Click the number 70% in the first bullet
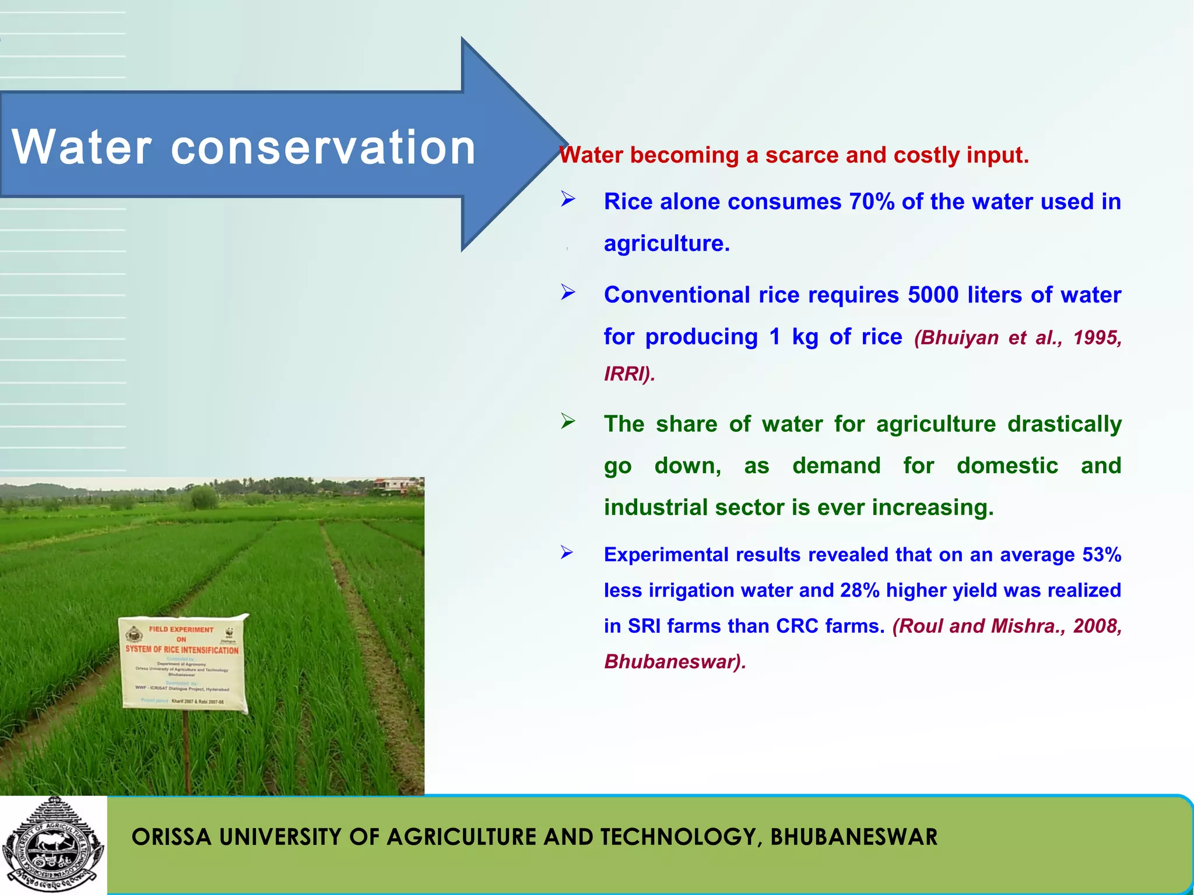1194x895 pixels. click(x=872, y=202)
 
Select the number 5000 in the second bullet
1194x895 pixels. click(x=933, y=295)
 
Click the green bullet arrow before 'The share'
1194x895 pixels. click(x=568, y=421)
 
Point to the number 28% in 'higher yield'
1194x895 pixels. click(x=859, y=590)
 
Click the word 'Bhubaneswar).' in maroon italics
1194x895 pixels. click(x=675, y=662)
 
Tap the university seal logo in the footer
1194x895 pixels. click(x=52, y=845)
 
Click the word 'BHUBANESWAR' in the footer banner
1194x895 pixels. click(x=854, y=837)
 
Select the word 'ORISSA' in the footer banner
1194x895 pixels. click(x=171, y=837)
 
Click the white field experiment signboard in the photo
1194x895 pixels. click(x=182, y=664)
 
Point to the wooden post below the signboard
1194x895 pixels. click(x=187, y=752)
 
